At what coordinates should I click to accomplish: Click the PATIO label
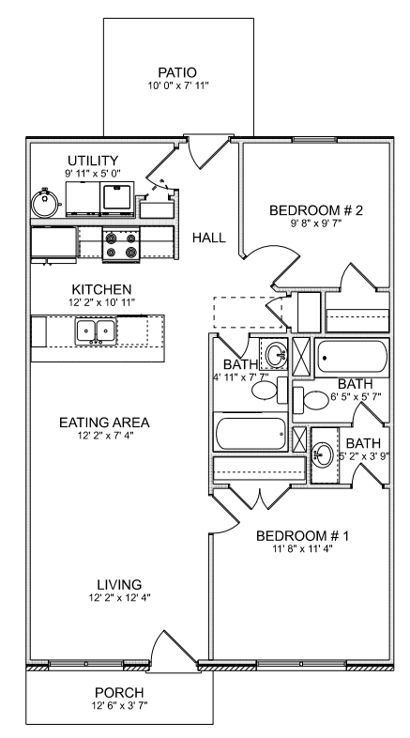pyautogui.click(x=177, y=72)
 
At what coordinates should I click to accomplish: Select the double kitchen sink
pyautogui.click(x=96, y=331)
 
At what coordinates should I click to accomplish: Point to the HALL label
pyautogui.click(x=208, y=238)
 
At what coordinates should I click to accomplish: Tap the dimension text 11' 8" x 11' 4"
pyautogui.click(x=302, y=549)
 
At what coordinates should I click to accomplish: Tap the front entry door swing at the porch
pyautogui.click(x=169, y=648)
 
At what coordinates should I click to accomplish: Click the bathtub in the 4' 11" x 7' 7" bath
pyautogui.click(x=251, y=435)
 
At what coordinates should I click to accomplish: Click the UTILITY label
pyautogui.click(x=90, y=161)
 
